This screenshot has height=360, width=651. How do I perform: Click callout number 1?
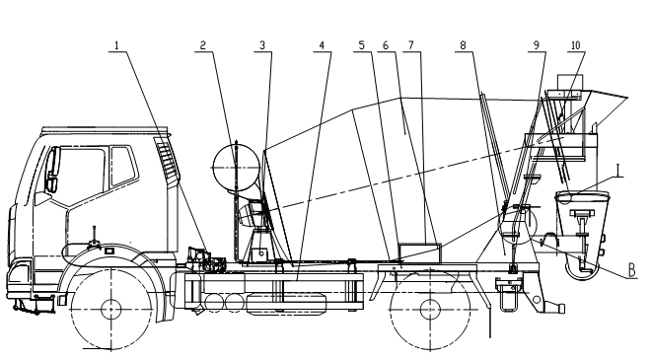(x=116, y=45)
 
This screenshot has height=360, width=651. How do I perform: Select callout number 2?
(x=202, y=44)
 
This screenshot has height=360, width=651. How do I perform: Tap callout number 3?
(x=262, y=44)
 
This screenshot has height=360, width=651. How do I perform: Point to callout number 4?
(x=322, y=44)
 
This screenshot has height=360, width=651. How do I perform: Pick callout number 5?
(x=362, y=44)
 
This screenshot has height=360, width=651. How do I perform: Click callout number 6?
(x=386, y=44)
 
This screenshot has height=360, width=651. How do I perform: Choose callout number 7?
(x=411, y=44)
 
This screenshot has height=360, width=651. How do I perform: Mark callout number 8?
(x=463, y=44)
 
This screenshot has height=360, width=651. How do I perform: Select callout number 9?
(x=536, y=44)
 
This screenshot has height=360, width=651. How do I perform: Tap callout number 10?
(x=575, y=44)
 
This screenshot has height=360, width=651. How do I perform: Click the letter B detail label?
(x=632, y=270)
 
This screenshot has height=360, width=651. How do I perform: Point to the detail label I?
(x=619, y=171)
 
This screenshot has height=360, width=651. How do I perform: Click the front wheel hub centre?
(x=111, y=310)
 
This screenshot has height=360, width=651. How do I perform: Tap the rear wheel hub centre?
(x=430, y=310)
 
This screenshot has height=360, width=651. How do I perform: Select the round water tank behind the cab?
(x=236, y=168)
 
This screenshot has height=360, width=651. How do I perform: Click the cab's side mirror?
(x=52, y=169)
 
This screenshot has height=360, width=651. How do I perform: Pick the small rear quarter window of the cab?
(x=123, y=166)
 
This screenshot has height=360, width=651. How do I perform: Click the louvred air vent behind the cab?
(x=168, y=162)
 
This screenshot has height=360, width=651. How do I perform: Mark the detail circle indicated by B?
(x=517, y=225)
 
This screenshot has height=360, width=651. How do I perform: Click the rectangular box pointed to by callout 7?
(x=419, y=253)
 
